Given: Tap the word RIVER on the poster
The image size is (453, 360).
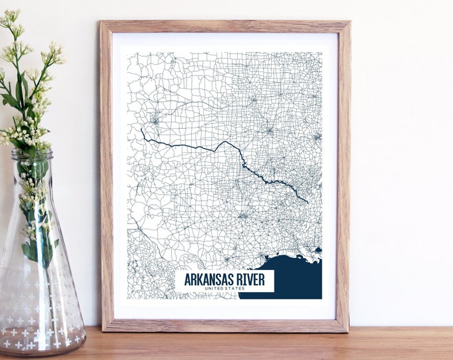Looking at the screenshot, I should (x=252, y=279).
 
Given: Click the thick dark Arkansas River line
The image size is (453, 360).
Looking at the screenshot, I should (x=200, y=146).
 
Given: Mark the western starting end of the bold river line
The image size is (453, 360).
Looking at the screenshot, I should (x=141, y=129).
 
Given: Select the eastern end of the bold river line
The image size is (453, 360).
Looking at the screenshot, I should (x=307, y=201).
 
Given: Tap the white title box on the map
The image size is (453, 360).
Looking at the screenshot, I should (x=225, y=281).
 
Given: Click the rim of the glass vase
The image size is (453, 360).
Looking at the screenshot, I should (x=31, y=154).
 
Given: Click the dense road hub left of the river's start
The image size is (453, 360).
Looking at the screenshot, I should (x=155, y=121).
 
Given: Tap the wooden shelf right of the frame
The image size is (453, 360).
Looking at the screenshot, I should (x=400, y=343).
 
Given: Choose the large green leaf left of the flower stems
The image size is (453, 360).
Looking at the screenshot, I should (x=10, y=100).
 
